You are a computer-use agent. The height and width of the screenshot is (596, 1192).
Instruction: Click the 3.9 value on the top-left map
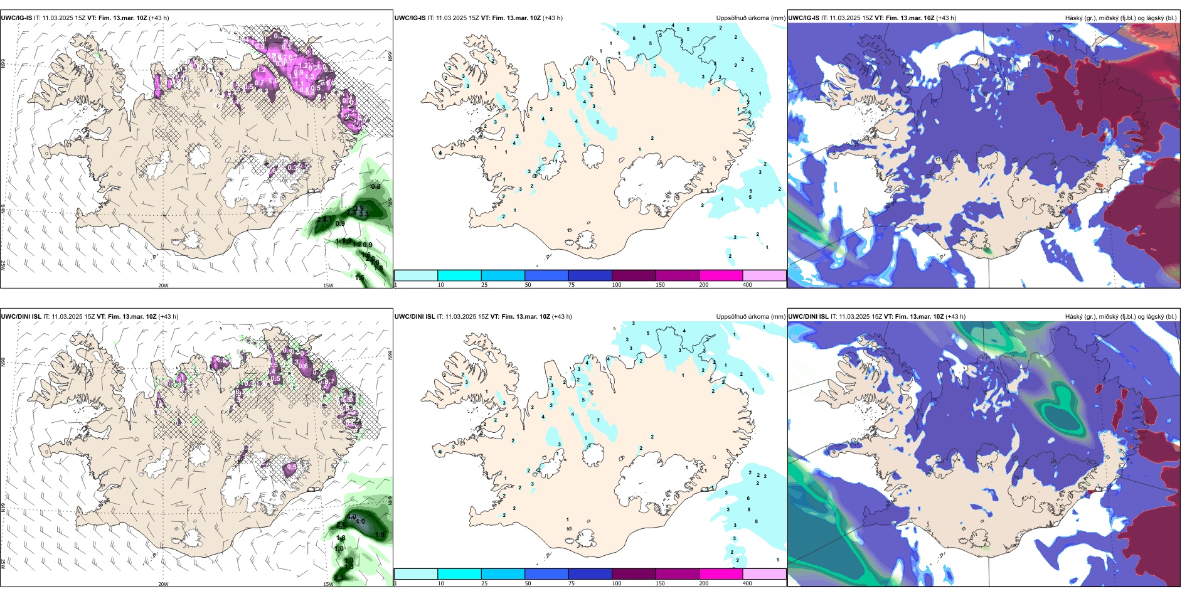(x=359, y=208)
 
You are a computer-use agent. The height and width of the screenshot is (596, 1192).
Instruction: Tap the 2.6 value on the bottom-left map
(x=341, y=524)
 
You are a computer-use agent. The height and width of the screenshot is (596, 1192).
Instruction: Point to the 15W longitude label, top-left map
(x=328, y=285)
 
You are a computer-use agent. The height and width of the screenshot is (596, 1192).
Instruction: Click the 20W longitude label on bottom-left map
(x=163, y=584)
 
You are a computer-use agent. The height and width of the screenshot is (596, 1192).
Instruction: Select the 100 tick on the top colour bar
(x=617, y=285)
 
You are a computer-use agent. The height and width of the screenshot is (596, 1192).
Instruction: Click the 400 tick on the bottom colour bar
(x=747, y=583)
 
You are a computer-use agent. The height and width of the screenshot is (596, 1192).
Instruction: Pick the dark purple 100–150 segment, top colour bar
(x=634, y=275)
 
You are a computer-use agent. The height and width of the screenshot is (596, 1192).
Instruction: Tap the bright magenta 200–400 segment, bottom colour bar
(x=721, y=574)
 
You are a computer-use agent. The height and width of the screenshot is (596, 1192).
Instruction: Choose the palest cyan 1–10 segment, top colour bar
(x=416, y=275)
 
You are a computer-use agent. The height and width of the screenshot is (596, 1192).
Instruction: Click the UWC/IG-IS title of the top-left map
(x=17, y=18)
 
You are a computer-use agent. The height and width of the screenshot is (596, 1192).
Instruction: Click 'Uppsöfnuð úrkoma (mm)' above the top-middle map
(x=750, y=18)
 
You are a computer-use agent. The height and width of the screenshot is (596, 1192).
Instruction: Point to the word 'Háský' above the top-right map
(x=1075, y=18)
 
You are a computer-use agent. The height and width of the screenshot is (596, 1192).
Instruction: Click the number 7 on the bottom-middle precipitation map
(x=598, y=420)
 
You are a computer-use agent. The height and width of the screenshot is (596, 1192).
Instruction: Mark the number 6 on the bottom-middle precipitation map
(x=748, y=498)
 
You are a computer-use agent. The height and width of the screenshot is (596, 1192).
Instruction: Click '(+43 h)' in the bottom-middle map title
(x=562, y=317)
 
